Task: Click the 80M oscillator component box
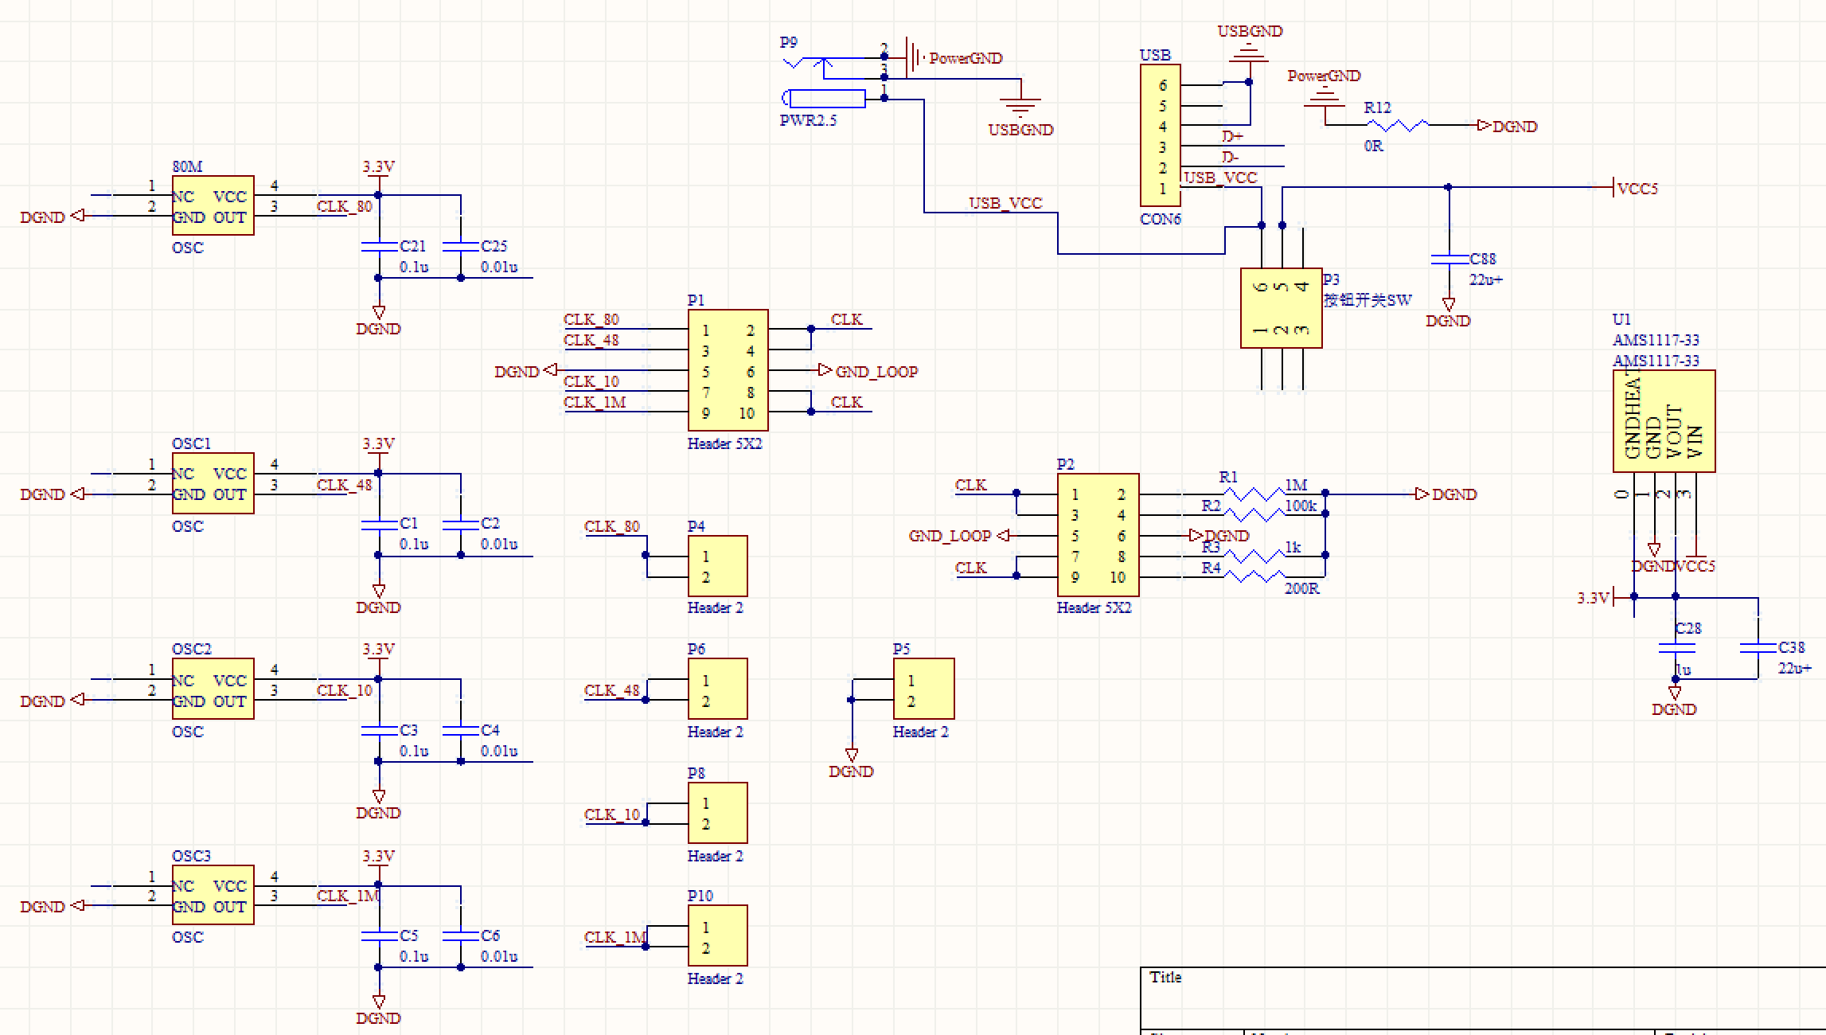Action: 213,206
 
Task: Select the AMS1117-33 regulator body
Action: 1664,421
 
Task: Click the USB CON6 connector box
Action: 1160,136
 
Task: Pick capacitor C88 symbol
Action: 1449,259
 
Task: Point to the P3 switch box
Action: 1281,308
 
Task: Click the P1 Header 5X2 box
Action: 728,371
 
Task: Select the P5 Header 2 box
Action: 923,689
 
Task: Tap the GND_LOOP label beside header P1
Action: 876,372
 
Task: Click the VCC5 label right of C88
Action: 1637,189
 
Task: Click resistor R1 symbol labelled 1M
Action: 1253,494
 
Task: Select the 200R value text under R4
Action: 1301,589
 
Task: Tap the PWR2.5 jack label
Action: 808,121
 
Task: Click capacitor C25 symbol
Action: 460,247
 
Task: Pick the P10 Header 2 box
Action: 717,935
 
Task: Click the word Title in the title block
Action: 1165,978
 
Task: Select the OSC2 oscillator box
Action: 213,689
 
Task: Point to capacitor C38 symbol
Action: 1758,648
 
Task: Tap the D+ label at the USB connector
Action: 1232,137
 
